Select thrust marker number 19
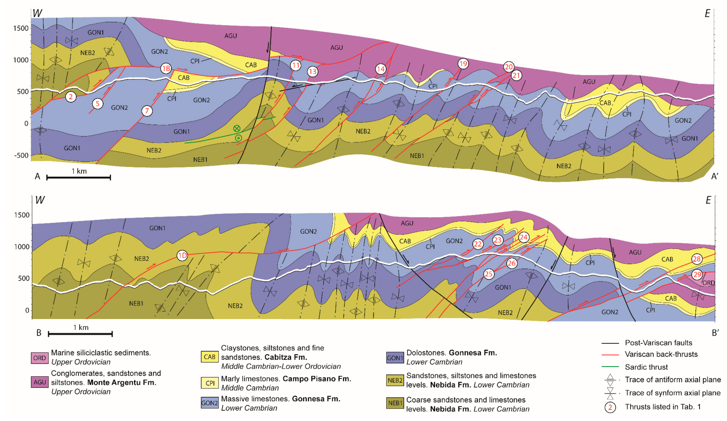[x=463, y=64]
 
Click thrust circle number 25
[x=488, y=274]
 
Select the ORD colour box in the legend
[x=39, y=358]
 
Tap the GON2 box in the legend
[x=210, y=403]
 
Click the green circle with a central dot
[x=238, y=138]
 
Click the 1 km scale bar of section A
[x=78, y=177]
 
